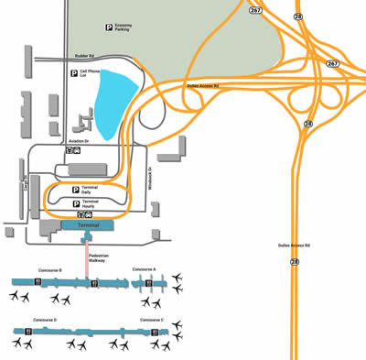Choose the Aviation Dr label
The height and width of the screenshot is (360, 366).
[78, 142]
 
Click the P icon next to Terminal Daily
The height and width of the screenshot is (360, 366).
[75, 189]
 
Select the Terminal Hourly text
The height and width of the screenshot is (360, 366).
[91, 202]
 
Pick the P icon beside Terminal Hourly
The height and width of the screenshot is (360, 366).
[75, 202]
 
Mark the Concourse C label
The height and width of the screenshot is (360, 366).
[152, 320]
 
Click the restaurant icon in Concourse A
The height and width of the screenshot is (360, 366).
[143, 284]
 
